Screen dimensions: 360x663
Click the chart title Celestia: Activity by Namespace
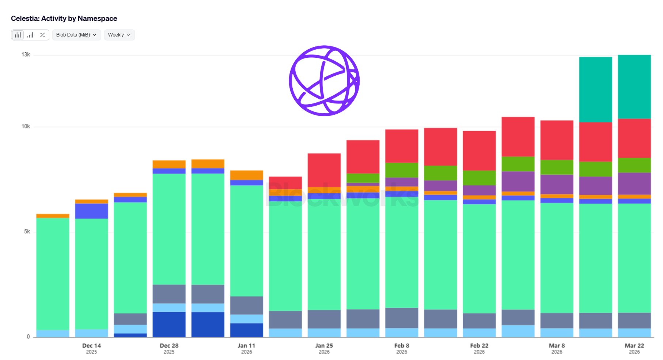tap(64, 18)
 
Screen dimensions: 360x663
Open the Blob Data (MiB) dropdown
tap(76, 35)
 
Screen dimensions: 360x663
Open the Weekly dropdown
tap(119, 35)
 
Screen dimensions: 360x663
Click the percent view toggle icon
tap(42, 35)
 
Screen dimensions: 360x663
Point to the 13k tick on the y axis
tap(26, 54)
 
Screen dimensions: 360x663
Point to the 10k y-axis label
tap(26, 126)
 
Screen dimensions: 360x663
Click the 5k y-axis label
tap(27, 231)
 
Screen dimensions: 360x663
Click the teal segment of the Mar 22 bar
tap(634, 87)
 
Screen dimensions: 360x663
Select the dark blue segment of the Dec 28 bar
tap(169, 324)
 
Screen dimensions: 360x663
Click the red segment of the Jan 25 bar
tap(324, 170)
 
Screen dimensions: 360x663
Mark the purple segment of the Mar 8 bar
tap(557, 184)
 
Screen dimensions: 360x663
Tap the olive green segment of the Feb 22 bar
tap(479, 178)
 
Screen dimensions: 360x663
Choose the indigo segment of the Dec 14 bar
tap(91, 211)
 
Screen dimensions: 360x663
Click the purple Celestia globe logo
tap(324, 81)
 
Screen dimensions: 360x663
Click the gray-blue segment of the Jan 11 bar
tap(246, 305)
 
